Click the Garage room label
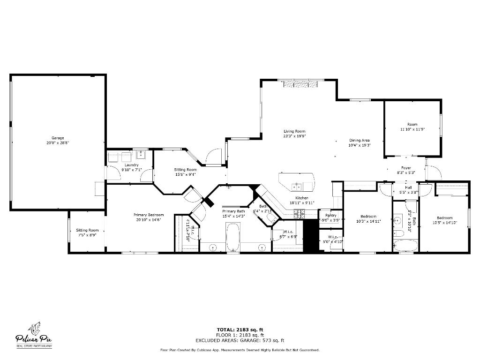click(x=58, y=138)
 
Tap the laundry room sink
click(x=141, y=156)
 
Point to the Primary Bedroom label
click(x=150, y=215)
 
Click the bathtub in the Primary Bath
click(x=233, y=238)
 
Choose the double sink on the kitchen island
click(x=296, y=186)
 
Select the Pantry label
click(x=331, y=215)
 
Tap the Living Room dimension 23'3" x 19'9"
click(x=294, y=136)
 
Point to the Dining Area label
click(x=360, y=140)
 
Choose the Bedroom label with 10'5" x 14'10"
click(x=444, y=217)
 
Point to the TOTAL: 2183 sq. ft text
click(x=240, y=329)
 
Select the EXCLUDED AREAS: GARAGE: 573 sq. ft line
click(x=240, y=340)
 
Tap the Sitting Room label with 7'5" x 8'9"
click(x=87, y=230)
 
